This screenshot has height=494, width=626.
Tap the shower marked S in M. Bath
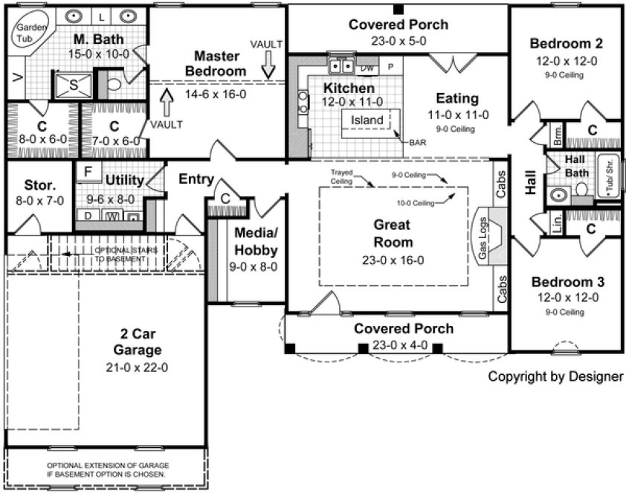click(x=74, y=85)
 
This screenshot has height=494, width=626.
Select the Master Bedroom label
click(x=215, y=64)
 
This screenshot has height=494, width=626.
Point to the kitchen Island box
click(x=367, y=121)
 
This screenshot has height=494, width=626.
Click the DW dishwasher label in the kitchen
click(x=367, y=68)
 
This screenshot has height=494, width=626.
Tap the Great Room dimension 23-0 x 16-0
click(x=393, y=260)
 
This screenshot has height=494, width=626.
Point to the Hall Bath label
click(x=575, y=166)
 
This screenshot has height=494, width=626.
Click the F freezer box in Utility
click(x=88, y=172)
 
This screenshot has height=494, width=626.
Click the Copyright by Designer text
click(x=555, y=376)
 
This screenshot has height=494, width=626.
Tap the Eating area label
click(x=457, y=99)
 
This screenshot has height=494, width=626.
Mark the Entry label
click(x=197, y=179)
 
